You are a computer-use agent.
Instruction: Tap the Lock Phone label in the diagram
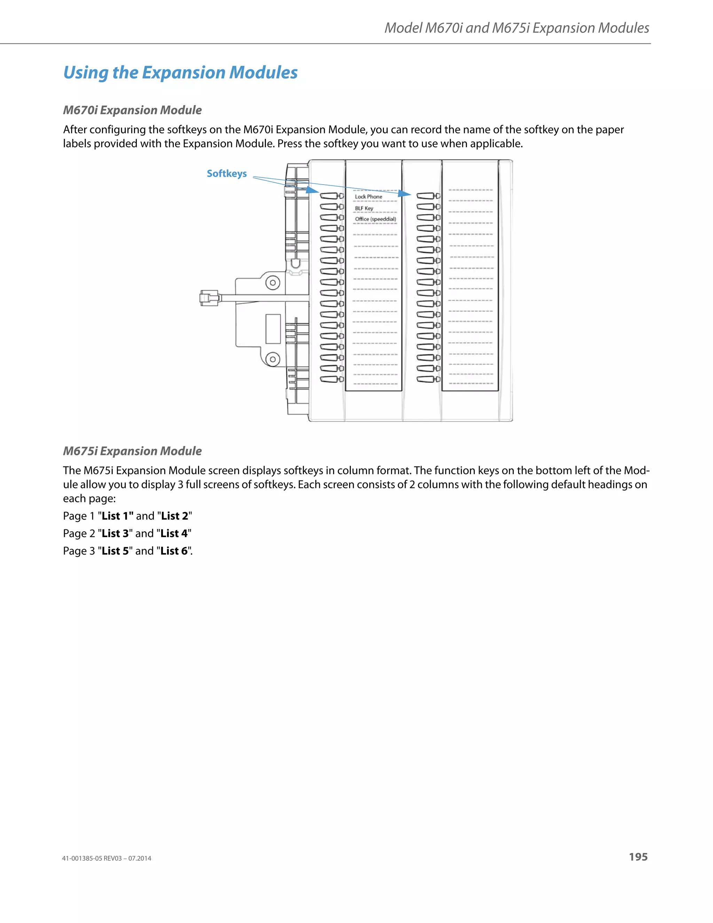368,197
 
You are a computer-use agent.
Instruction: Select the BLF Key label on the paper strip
364,208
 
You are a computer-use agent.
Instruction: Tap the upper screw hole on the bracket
273,282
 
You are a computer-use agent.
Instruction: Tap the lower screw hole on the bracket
273,359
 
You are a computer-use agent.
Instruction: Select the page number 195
638,857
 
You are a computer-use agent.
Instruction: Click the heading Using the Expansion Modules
180,73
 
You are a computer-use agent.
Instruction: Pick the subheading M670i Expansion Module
132,110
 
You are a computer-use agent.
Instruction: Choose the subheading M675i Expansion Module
132,451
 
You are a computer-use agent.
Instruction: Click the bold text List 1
117,516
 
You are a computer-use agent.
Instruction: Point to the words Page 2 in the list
79,534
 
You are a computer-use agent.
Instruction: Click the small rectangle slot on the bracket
273,328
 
